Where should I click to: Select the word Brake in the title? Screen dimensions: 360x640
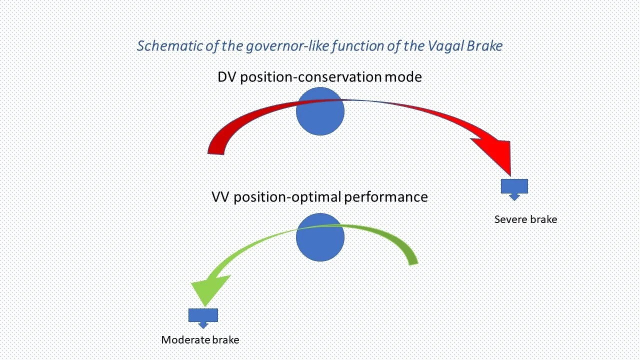click(x=485, y=46)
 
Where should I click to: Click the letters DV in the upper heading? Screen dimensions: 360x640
click(x=226, y=77)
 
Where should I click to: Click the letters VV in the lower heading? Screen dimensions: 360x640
click(x=220, y=197)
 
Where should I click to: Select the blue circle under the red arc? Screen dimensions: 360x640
click(x=320, y=111)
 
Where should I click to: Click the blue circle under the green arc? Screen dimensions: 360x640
click(x=320, y=237)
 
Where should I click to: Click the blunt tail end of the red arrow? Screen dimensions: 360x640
click(x=216, y=152)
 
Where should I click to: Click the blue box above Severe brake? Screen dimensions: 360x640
click(x=514, y=186)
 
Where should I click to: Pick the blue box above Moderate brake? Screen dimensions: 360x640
click(x=203, y=315)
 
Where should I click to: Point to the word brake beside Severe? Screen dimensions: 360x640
click(x=544, y=219)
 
